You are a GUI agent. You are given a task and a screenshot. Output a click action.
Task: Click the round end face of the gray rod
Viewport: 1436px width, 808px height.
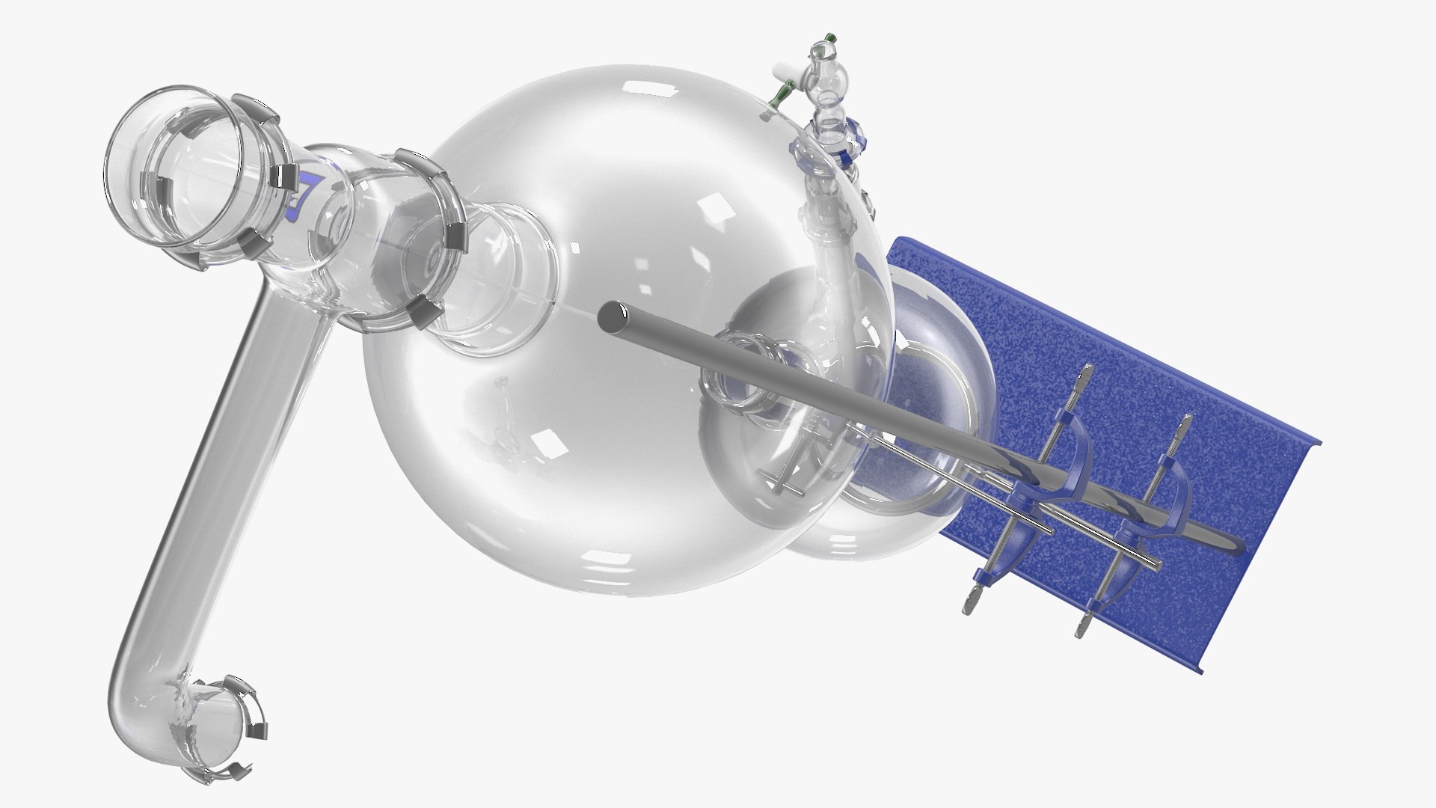610,317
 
